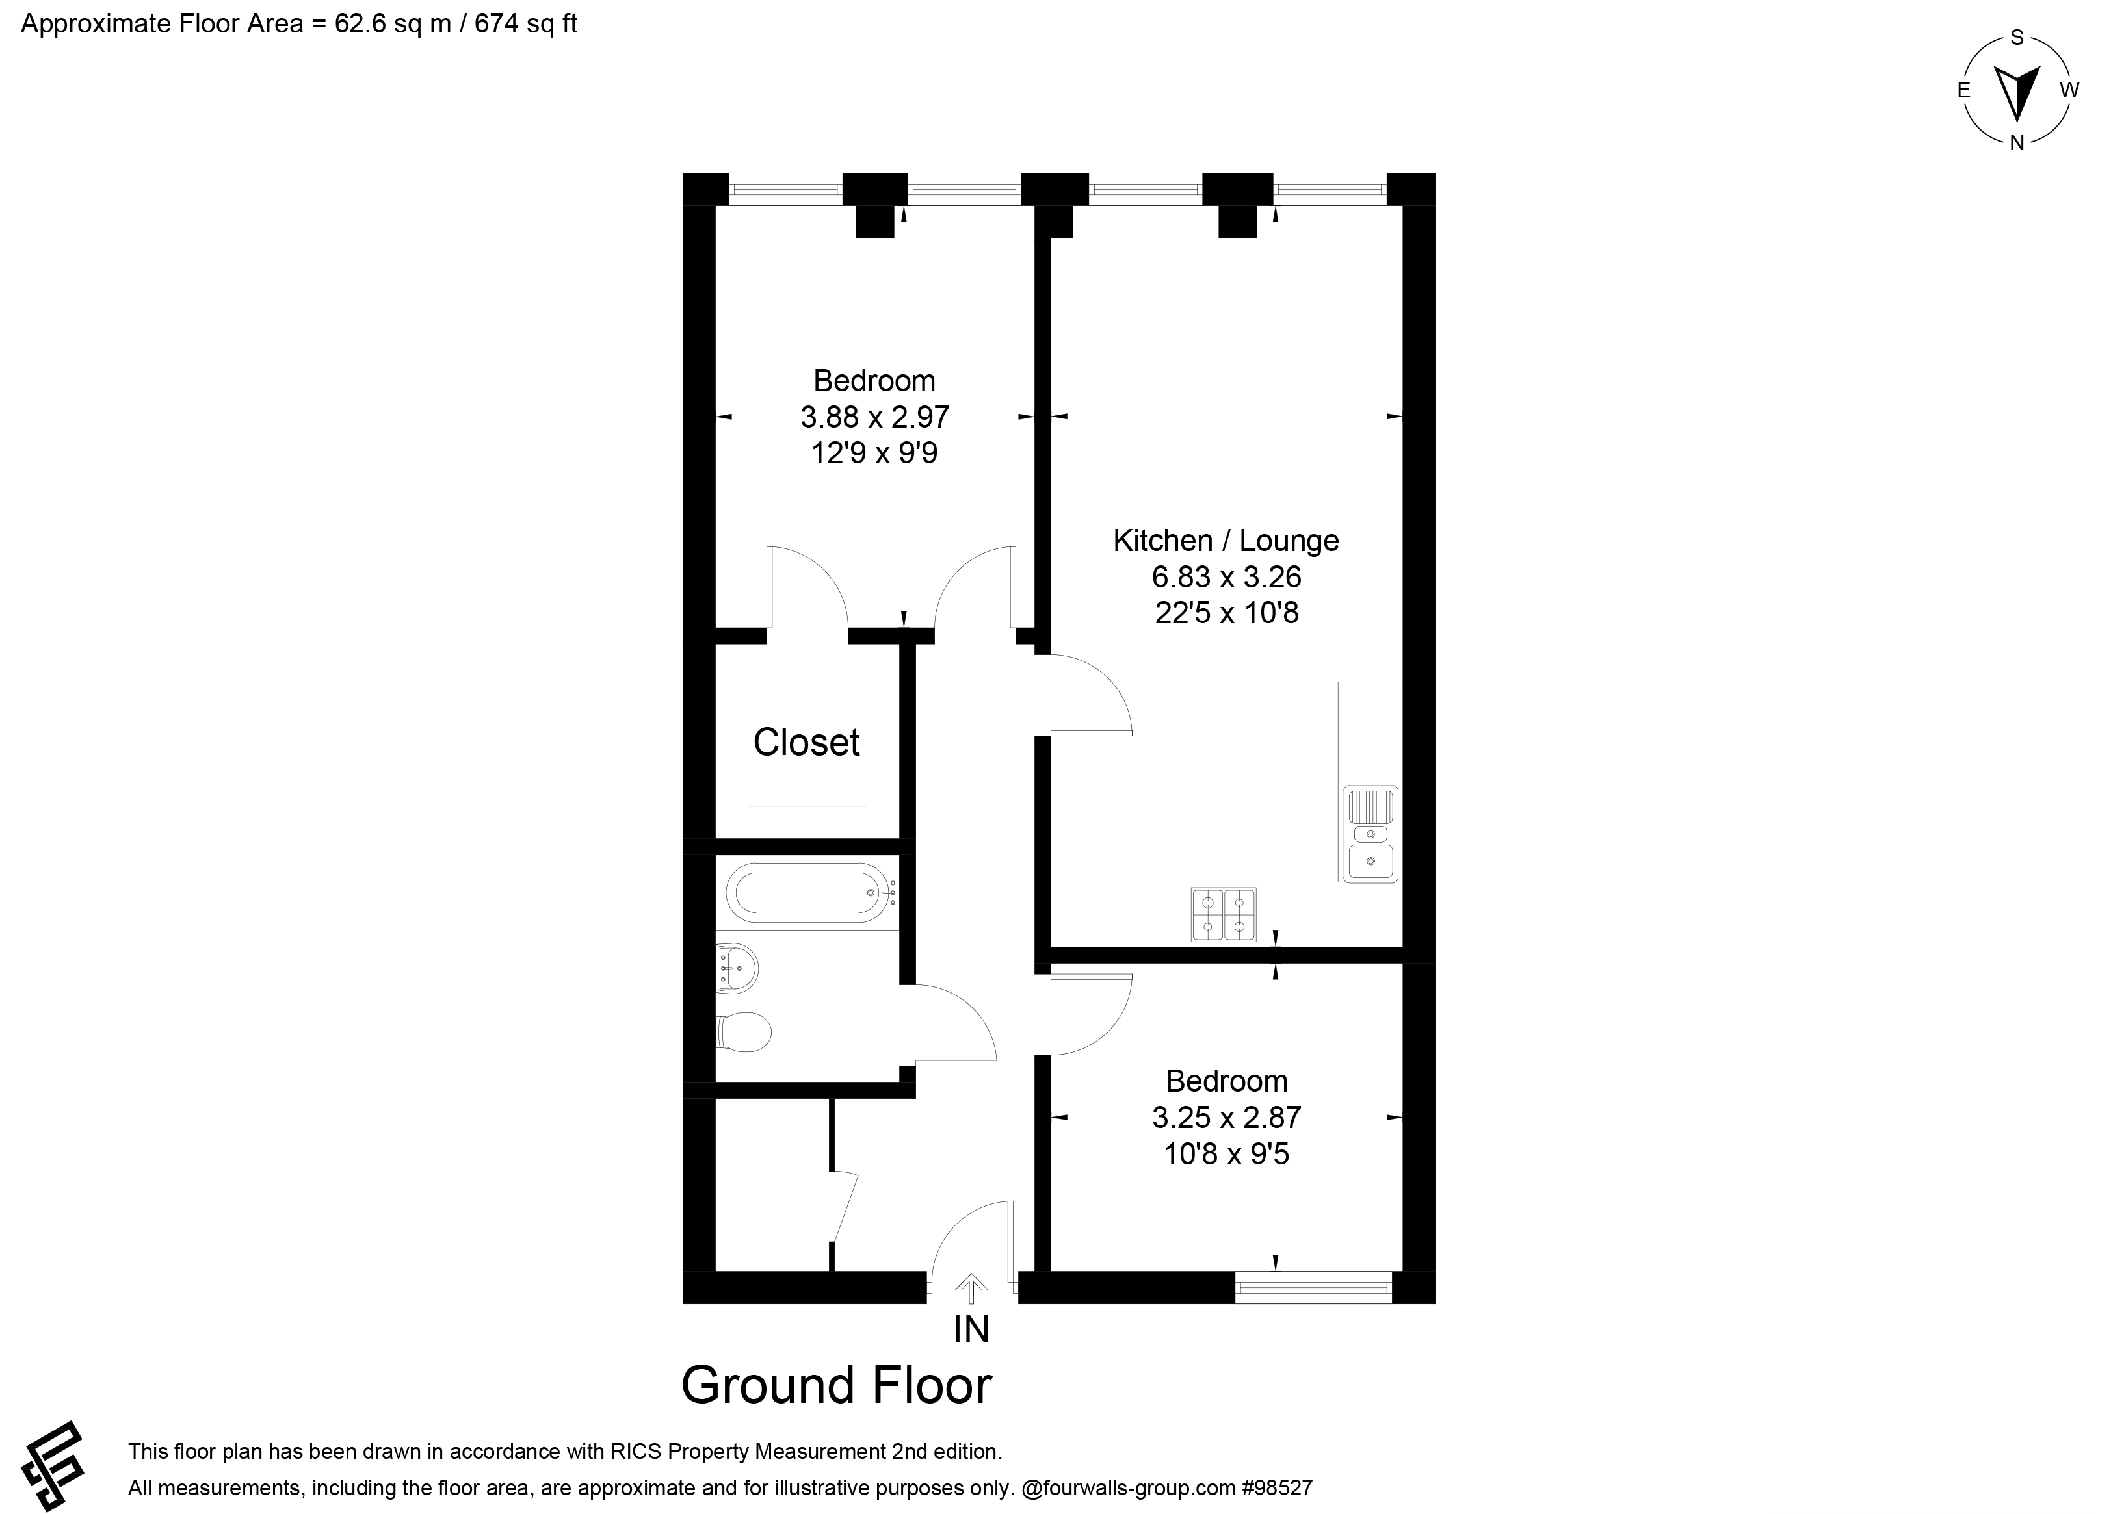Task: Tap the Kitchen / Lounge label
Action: [1226, 541]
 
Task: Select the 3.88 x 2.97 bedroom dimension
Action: [874, 417]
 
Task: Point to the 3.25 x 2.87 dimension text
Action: [1226, 1118]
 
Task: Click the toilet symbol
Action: [744, 1032]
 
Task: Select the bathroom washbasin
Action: [737, 969]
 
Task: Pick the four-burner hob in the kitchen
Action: [1223, 915]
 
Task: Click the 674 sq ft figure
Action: [526, 24]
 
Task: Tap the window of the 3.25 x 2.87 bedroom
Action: [1313, 1287]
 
